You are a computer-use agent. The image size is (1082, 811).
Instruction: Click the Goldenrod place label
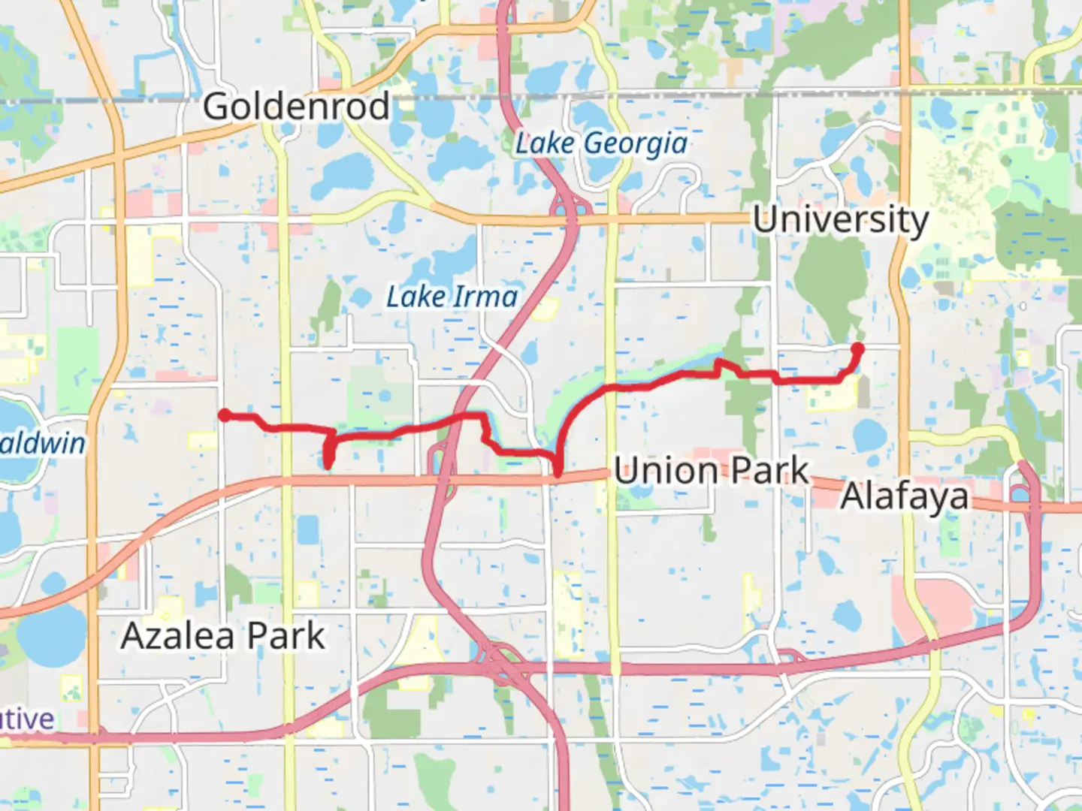coord(296,107)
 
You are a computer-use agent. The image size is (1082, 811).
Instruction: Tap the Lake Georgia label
coord(601,143)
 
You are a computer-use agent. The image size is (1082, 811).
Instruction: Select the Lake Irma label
coord(452,297)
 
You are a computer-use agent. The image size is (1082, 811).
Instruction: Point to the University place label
coord(841,220)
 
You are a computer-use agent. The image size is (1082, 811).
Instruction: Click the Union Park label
coord(712,472)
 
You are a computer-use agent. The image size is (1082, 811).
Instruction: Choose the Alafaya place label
coord(905,496)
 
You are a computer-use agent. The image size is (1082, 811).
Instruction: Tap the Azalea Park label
coord(223,636)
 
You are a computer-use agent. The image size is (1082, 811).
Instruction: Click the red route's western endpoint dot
coord(224,415)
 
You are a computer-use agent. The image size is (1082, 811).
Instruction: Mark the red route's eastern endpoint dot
coord(857,348)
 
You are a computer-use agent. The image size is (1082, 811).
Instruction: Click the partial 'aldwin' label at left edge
coord(43,443)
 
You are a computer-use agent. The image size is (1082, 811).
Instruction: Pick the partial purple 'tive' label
coord(27,719)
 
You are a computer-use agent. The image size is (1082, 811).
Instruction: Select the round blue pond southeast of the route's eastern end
coord(869,433)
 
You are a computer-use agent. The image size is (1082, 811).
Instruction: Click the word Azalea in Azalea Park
coord(178,636)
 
